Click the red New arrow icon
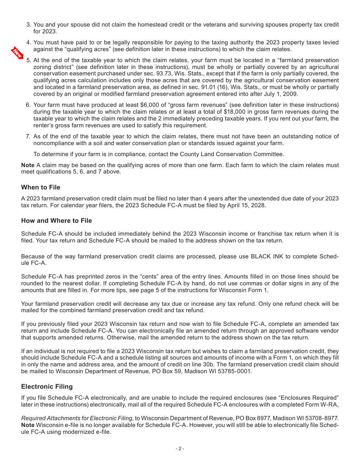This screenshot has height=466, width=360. (x=18, y=53)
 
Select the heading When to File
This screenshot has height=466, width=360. (x=41, y=187)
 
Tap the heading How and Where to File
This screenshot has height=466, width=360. (x=56, y=220)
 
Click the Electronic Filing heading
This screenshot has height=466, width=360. (x=47, y=386)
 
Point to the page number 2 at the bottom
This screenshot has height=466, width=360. (x=180, y=449)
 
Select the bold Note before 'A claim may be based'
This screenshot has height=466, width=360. (x=28, y=165)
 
